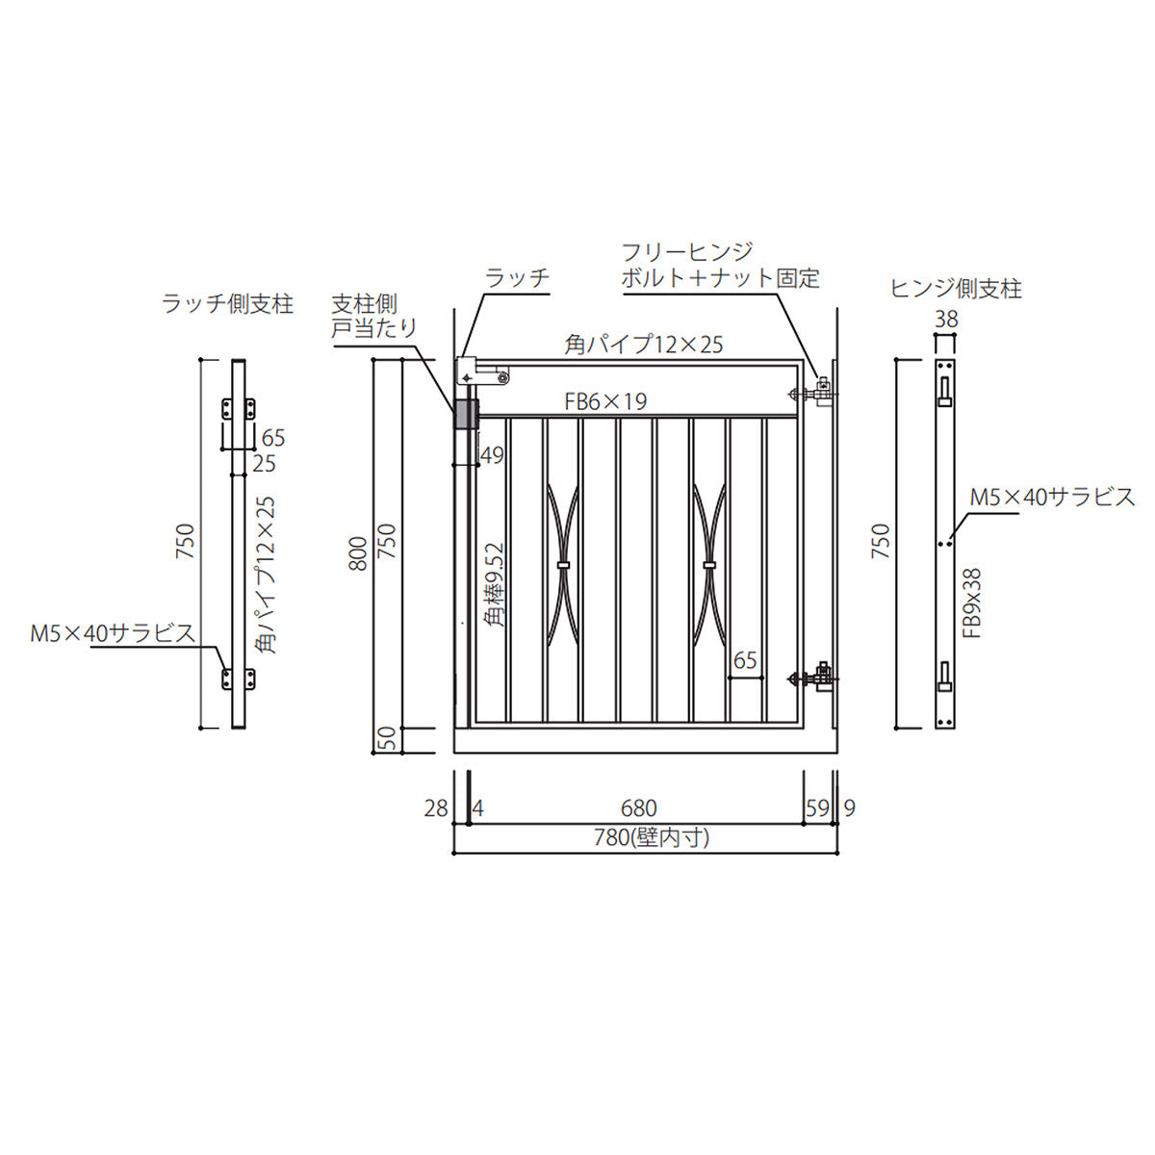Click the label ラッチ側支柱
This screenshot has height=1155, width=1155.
click(x=228, y=305)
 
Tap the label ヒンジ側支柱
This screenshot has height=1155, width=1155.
click(x=956, y=289)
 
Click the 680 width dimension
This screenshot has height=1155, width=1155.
click(x=639, y=808)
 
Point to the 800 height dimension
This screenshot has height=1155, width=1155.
click(x=358, y=553)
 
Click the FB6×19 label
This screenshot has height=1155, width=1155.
click(x=605, y=401)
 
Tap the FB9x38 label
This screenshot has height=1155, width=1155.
click(x=974, y=603)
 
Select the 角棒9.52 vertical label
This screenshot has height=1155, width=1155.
click(x=495, y=585)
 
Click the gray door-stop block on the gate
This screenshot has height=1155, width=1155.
click(x=466, y=415)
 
